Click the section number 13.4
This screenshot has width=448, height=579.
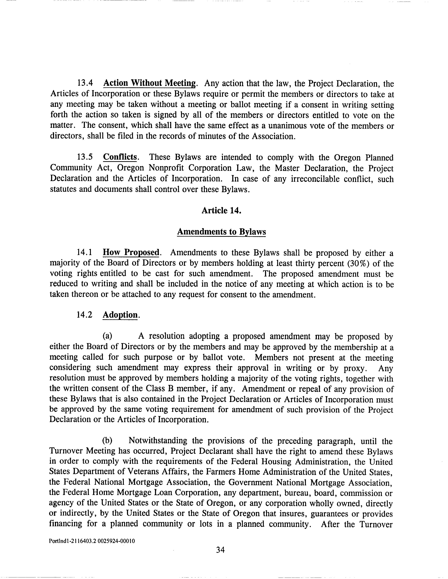[x=85, y=83]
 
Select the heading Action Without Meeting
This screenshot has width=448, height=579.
[x=150, y=83]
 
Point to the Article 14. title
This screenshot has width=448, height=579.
[x=222, y=211]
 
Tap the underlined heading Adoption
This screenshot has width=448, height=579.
[x=120, y=315]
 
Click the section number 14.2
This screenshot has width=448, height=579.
[x=85, y=315]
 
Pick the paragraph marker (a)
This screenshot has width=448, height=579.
[x=107, y=336]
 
